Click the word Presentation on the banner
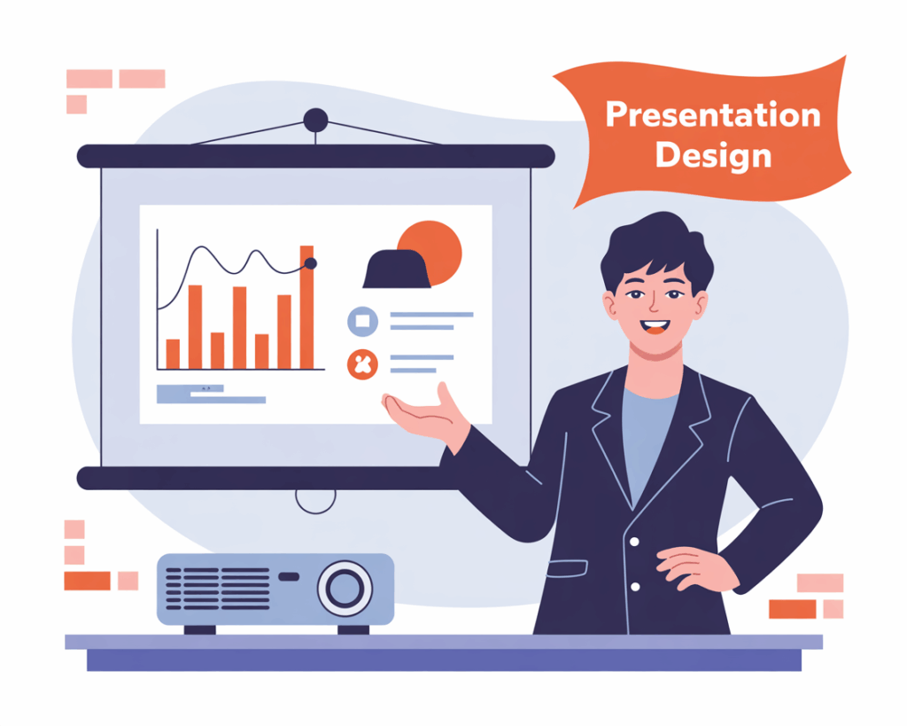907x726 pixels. coord(713,114)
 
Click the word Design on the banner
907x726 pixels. coord(713,156)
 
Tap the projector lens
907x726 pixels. coord(345,589)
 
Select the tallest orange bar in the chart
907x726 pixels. coord(306,308)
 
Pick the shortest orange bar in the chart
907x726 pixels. coord(173,355)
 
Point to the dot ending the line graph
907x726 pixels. coord(311,263)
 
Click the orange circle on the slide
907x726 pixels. coord(430,253)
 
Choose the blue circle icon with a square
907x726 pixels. coord(362,321)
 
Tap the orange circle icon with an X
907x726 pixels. coord(362,364)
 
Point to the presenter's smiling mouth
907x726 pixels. coord(655,327)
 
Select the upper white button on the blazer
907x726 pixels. coord(634,542)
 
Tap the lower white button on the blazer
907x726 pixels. coord(635,587)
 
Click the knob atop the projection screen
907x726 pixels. coord(316,121)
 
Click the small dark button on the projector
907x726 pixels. coord(290,576)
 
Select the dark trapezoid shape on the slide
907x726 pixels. coord(397,269)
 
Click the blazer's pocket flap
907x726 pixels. coord(568,568)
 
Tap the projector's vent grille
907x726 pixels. coord(218,589)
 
